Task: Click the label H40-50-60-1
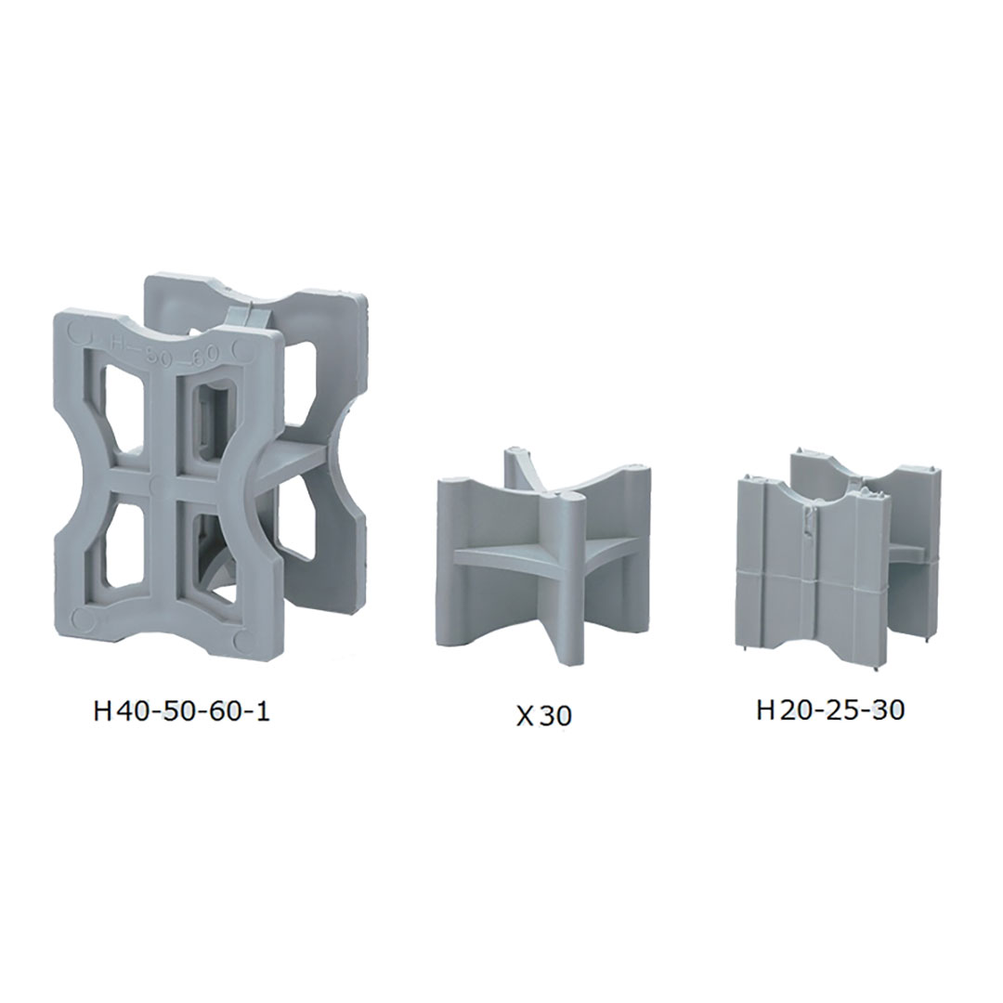click(x=181, y=711)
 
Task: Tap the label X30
click(x=543, y=716)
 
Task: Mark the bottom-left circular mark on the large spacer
click(x=81, y=619)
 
